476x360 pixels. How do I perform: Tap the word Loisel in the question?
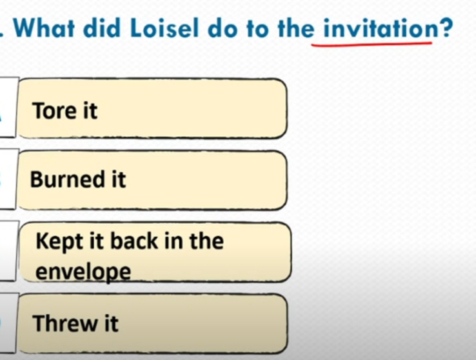[x=164, y=28]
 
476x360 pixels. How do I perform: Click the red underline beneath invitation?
[x=372, y=45]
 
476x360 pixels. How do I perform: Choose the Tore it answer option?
[x=152, y=108]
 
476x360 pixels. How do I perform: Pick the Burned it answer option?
[x=152, y=180]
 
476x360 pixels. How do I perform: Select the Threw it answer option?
[x=152, y=324]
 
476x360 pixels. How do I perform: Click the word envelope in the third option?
[x=83, y=272]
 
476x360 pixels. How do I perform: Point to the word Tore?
[x=52, y=110]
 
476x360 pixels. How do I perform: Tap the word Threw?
[x=64, y=323]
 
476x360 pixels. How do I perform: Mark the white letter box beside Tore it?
[x=8, y=108]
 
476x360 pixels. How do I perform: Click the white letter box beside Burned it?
[x=8, y=179]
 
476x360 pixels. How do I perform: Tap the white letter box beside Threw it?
[x=8, y=323]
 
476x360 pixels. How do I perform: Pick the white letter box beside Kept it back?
[x=8, y=251]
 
